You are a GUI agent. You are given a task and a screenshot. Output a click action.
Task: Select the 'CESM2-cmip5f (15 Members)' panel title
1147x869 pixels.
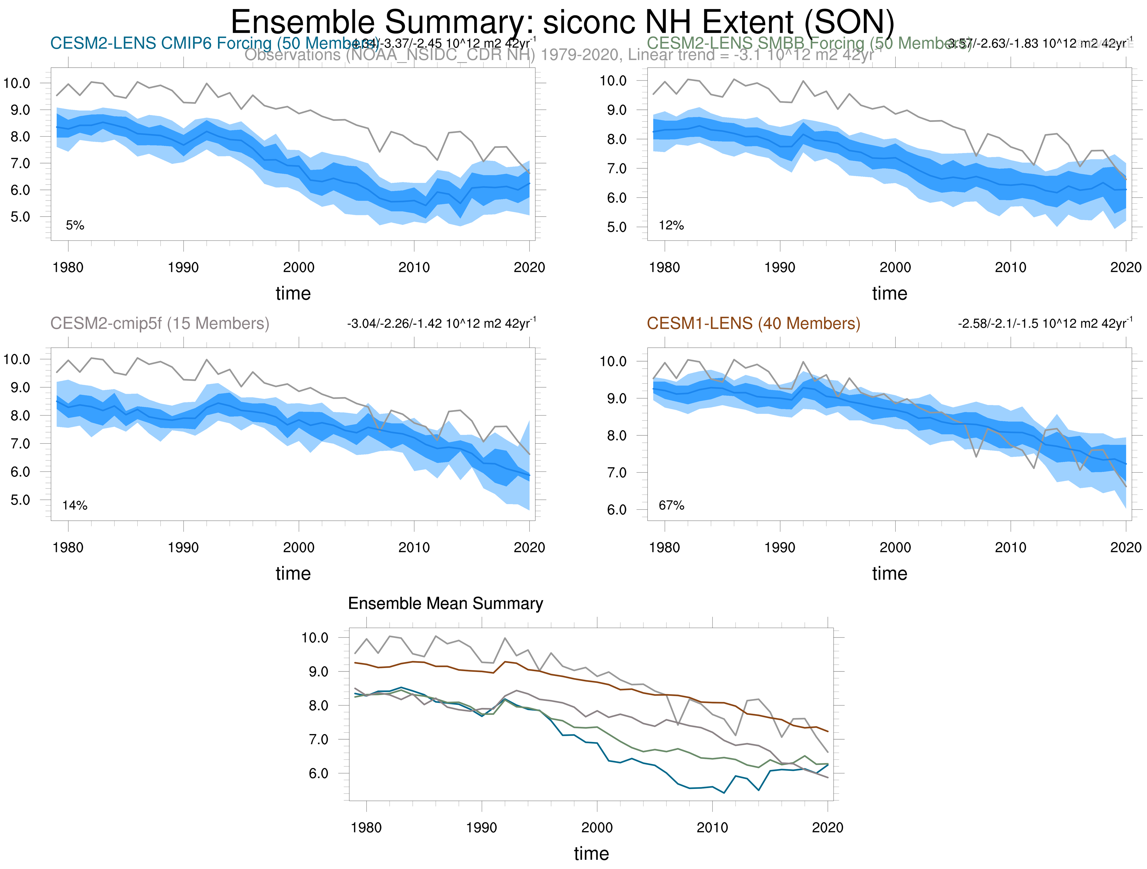click(x=160, y=324)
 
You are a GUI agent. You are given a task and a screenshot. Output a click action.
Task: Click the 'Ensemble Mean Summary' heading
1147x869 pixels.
click(x=445, y=604)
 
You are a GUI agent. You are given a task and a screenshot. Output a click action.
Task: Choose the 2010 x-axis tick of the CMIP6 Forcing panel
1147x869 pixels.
click(x=414, y=268)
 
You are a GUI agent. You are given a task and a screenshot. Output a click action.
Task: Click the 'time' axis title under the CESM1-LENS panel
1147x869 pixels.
click(x=889, y=574)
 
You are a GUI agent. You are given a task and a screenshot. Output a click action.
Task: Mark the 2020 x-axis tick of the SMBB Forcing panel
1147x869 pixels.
click(x=1125, y=268)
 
